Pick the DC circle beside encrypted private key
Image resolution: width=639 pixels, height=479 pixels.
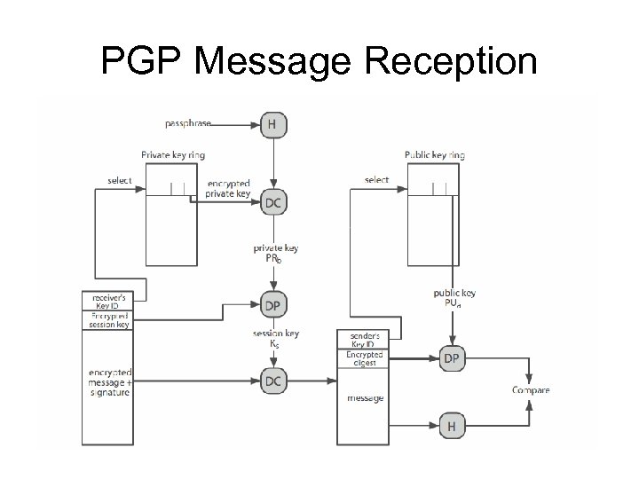(273, 203)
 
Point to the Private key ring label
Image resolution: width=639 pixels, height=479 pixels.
(173, 155)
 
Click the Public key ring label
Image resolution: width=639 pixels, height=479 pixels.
(435, 155)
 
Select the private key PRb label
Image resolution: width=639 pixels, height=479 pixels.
(274, 254)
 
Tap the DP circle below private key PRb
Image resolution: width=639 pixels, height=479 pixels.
(273, 305)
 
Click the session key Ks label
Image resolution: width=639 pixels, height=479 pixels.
(275, 338)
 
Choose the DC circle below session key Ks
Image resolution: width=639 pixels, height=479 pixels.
(273, 381)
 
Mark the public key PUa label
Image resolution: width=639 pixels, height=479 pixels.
(454, 297)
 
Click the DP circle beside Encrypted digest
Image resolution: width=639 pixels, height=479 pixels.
(452, 357)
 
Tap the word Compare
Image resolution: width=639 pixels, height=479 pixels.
(531, 390)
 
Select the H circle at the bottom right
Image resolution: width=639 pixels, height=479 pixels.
(452, 427)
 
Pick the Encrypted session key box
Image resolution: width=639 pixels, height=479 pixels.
(108, 320)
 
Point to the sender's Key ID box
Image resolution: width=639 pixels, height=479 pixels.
(365, 340)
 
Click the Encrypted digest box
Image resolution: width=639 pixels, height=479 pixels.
(365, 358)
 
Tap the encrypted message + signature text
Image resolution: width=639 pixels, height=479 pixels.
(108, 381)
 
